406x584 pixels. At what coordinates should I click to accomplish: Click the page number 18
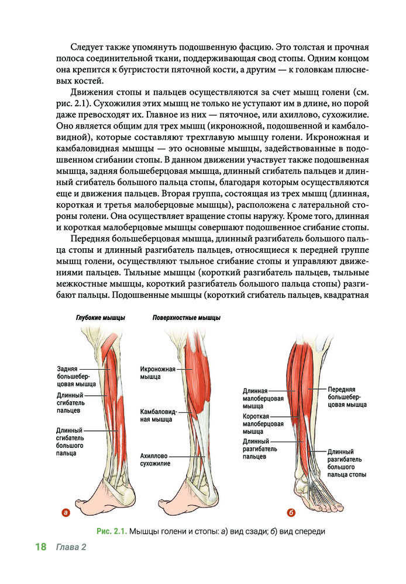tap(40, 547)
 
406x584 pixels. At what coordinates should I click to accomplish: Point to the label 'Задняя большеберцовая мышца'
tap(73, 377)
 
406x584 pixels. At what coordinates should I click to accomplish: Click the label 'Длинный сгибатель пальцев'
tap(71, 403)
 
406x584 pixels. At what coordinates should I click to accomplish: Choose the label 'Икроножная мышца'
tap(154, 373)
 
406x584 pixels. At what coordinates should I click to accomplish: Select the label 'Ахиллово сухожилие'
tap(155, 459)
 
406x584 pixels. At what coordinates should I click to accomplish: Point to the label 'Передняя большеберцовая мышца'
tap(343, 396)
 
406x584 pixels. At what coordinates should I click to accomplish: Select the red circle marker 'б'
tap(291, 513)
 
